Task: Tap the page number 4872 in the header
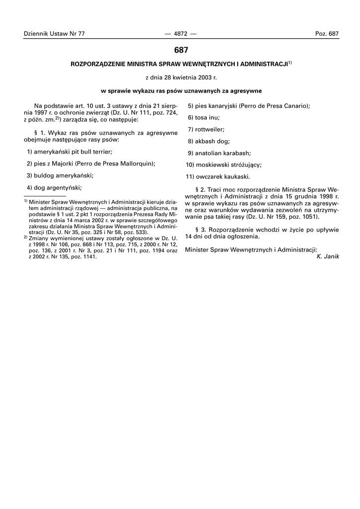point(180,34)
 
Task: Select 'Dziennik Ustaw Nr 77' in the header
point(54,34)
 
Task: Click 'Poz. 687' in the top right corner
point(327,34)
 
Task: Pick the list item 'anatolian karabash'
point(223,153)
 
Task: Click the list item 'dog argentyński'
point(57,187)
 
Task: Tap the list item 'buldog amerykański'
point(63,175)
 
